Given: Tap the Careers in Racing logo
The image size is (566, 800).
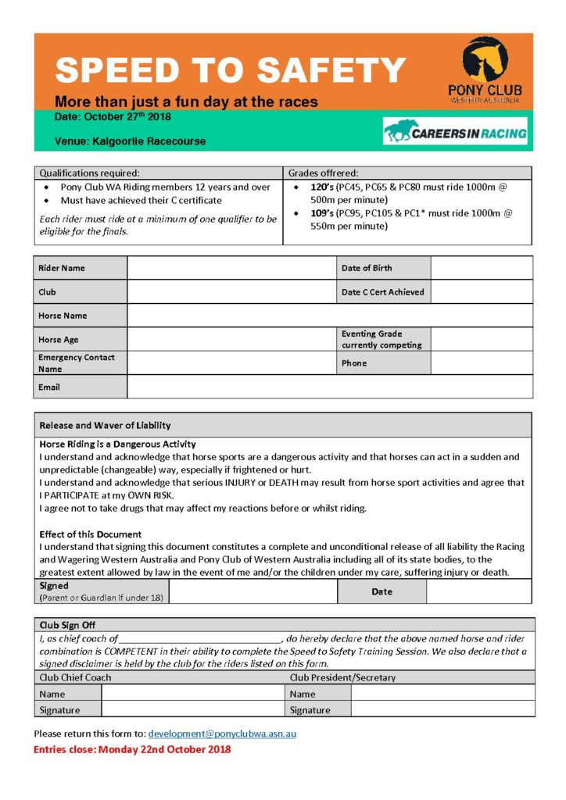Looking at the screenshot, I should (455, 132).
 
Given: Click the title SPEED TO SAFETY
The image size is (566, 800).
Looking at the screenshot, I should (230, 71).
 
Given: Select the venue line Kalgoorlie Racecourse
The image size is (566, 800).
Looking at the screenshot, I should (131, 141).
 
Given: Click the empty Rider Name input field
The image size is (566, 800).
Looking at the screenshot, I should (231, 268).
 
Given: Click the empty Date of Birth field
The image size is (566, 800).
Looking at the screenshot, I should (481, 268).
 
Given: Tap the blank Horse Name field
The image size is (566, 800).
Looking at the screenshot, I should (329, 316).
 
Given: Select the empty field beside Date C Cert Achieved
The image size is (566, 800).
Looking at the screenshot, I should (481, 292).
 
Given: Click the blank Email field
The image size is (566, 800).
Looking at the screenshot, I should (329, 387).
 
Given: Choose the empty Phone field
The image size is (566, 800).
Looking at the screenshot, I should (481, 363).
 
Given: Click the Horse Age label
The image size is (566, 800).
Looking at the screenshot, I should (59, 340).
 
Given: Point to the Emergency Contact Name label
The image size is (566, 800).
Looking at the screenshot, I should (76, 363).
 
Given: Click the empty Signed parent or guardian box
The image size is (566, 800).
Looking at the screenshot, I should (253, 591).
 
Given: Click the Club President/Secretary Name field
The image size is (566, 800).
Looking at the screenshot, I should (442, 693).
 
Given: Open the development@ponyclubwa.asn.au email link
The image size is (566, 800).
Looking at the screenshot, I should (222, 734).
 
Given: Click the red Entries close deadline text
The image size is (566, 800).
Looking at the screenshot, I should (132, 749).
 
